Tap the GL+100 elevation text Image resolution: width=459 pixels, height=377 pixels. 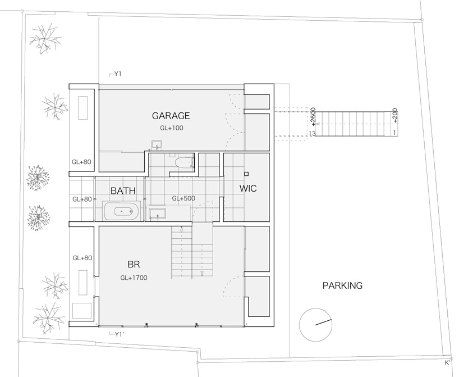[172, 128]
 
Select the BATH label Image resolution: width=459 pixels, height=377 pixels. [123, 191]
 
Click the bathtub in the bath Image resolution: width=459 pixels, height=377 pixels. [121, 211]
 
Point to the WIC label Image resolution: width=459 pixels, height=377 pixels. [248, 188]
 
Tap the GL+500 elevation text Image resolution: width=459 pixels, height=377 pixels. [183, 198]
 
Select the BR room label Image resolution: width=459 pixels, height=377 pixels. [134, 265]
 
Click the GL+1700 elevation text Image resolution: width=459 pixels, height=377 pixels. [134, 278]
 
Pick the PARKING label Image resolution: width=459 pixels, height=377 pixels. [342, 285]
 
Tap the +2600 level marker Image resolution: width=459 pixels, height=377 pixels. [313, 117]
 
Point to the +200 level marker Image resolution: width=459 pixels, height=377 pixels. [395, 116]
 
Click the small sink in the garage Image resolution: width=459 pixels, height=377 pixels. [158, 145]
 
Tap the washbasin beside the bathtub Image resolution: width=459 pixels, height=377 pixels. [158, 214]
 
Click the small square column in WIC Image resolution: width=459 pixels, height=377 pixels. [246, 174]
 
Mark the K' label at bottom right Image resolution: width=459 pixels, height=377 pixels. [447, 362]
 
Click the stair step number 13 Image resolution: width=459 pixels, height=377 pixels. [313, 133]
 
